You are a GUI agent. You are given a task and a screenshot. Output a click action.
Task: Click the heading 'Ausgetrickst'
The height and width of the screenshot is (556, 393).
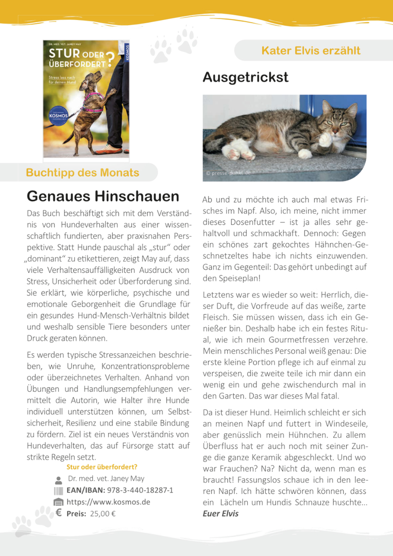(x=245, y=77)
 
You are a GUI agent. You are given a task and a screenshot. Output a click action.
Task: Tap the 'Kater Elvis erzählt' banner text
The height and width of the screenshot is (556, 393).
(x=311, y=50)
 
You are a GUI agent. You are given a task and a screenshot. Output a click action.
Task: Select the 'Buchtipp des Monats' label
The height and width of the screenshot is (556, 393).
(x=82, y=172)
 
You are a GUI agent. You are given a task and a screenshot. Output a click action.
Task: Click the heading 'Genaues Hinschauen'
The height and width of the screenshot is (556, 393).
(x=102, y=196)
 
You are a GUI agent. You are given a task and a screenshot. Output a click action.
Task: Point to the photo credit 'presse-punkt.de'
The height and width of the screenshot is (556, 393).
(x=229, y=173)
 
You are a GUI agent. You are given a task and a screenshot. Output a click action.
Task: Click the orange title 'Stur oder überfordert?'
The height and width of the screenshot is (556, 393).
(x=101, y=467)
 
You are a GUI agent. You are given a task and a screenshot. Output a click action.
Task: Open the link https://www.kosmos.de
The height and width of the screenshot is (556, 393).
(x=108, y=502)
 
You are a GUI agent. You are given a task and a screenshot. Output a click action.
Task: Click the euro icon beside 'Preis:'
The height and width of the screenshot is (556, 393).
(x=58, y=513)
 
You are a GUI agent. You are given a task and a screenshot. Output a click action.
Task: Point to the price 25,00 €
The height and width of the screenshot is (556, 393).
(x=102, y=513)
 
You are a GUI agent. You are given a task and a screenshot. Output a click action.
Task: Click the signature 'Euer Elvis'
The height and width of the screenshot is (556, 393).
(x=220, y=513)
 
